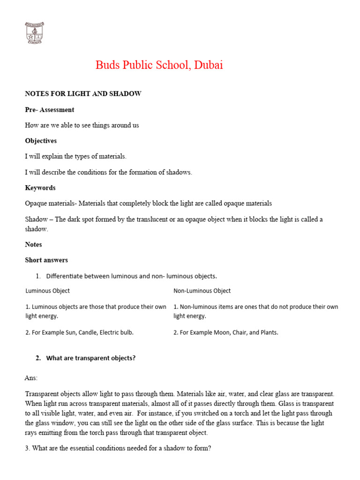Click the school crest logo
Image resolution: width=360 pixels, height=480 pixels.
34,33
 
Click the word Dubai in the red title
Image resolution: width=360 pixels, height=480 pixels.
208,65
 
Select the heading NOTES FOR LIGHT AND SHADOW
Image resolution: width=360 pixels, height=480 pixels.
83,94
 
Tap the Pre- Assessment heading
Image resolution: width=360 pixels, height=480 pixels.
49,110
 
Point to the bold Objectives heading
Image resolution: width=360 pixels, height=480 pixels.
41,141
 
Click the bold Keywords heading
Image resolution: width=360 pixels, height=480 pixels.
40,187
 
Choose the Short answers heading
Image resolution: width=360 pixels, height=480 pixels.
46,260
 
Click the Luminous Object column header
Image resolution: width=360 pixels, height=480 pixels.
47,291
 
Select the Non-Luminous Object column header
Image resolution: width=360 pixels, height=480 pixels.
202,291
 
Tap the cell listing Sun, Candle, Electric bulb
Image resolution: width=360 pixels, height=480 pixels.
80,332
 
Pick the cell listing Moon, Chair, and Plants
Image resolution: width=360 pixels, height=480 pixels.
226,332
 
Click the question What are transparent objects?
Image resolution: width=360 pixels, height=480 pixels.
90,358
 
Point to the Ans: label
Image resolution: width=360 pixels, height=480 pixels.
31,377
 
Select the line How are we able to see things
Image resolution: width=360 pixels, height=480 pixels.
82,125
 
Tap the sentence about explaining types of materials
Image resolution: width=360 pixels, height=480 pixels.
75,156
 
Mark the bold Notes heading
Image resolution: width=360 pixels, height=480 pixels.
33,244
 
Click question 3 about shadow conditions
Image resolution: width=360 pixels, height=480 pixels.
118,448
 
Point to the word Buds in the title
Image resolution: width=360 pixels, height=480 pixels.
107,65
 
